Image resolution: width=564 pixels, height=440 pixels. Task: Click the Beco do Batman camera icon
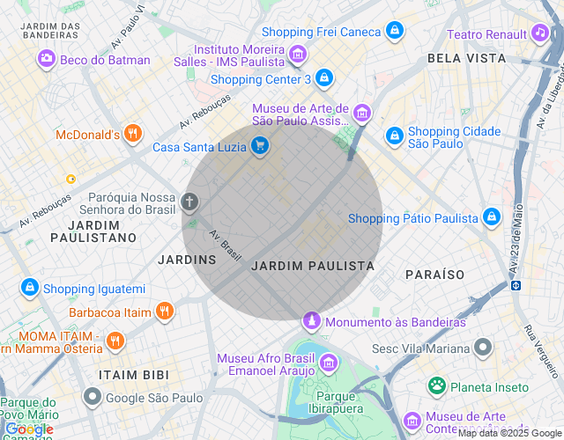(46, 59)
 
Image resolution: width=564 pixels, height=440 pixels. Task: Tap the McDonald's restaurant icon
(133, 134)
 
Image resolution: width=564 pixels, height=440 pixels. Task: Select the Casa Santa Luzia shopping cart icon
(259, 146)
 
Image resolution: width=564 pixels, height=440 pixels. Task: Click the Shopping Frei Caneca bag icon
(396, 32)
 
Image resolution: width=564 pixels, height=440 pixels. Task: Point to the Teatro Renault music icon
(539, 33)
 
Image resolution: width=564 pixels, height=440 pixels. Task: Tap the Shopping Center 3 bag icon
(324, 78)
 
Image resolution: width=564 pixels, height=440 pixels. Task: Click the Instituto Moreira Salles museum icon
(298, 55)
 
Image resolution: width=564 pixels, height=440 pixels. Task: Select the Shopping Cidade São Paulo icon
(394, 136)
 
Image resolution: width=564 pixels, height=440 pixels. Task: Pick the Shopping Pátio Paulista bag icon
(492, 217)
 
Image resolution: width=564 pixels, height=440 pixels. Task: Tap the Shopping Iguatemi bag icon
(30, 288)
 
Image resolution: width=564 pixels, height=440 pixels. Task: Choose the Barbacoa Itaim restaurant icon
(164, 311)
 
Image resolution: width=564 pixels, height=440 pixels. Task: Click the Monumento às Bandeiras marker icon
(311, 321)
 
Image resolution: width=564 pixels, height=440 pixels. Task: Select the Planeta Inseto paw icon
(436, 385)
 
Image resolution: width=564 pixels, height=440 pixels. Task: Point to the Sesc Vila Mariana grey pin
(482, 348)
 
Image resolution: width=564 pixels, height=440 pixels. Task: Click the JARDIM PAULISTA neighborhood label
(313, 265)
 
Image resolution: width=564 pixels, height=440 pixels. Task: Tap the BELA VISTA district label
(466, 58)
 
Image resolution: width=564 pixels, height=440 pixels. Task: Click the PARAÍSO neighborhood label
(434, 275)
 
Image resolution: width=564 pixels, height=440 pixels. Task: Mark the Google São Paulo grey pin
(92, 398)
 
